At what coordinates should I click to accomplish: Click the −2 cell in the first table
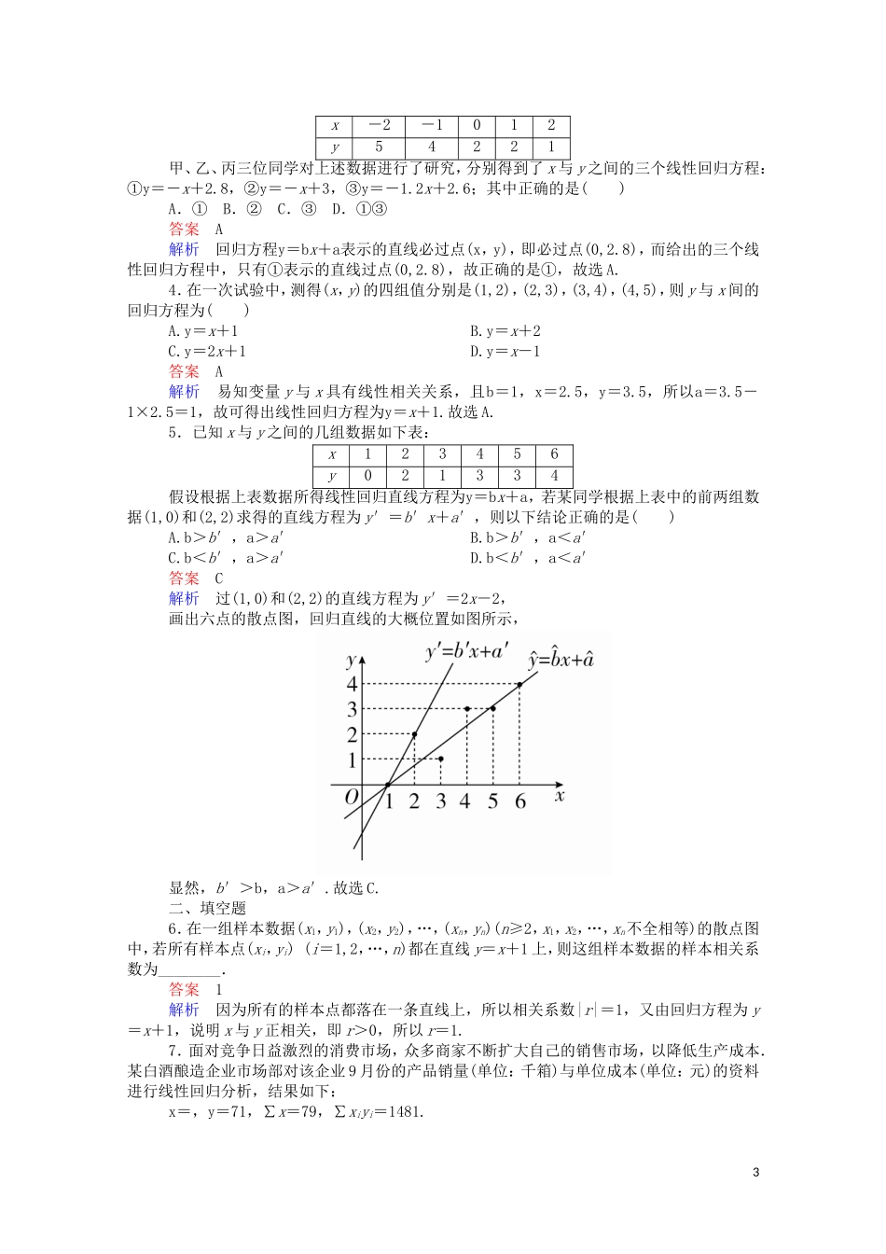coord(380,126)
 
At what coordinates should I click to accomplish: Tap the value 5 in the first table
coord(380,147)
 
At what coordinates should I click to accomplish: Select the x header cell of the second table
coord(332,454)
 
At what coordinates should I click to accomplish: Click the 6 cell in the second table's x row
coord(554,454)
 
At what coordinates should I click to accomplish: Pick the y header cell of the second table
coord(332,475)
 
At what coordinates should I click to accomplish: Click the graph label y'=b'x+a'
coord(466,651)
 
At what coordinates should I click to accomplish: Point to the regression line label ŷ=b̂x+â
coord(561,660)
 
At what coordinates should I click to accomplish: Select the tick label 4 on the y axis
coord(352,684)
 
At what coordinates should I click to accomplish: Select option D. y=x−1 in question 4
coord(505,352)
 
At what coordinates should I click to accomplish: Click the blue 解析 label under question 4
coord(184,392)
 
